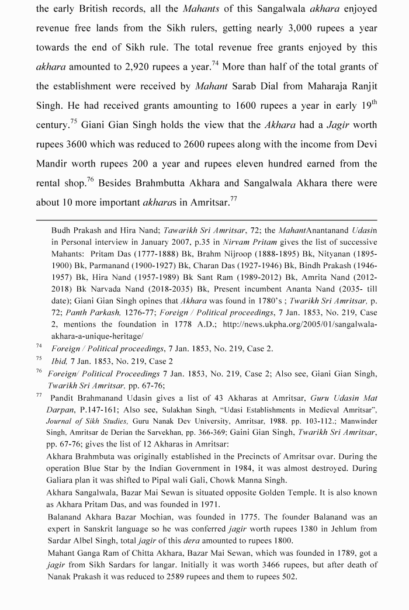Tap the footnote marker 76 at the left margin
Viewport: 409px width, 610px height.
[x=39, y=371]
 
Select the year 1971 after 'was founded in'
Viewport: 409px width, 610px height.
[x=207, y=504]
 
